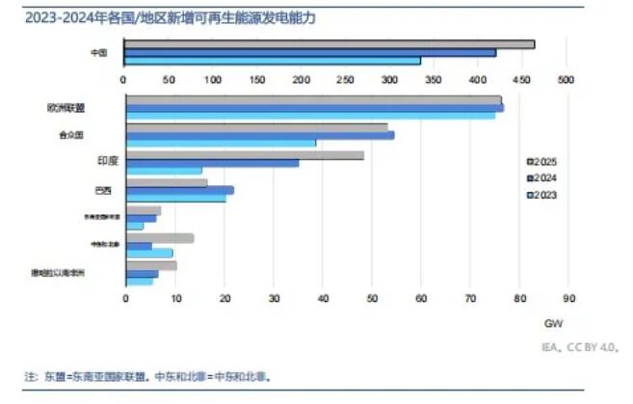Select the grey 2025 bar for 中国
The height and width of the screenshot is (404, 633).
328,43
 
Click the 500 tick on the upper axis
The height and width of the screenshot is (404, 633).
565,79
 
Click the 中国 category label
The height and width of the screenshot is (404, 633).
97,52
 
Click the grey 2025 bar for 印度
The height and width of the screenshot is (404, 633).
245,154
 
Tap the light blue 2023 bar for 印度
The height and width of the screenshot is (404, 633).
164,171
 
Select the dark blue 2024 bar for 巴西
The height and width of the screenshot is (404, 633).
179,190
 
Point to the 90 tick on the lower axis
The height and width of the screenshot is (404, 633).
568,298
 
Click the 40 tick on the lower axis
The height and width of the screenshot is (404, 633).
322,298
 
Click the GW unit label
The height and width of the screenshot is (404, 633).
554,323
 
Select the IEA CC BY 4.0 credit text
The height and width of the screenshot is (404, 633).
579,344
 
